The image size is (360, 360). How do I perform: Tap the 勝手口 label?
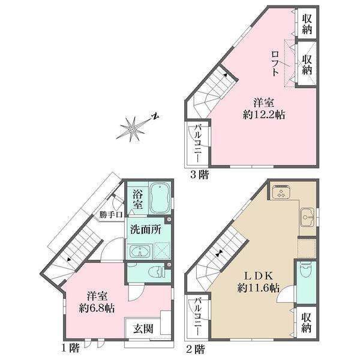[x=112, y=214]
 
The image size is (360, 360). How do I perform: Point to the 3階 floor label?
[x=199, y=175]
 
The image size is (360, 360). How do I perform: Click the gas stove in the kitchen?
[x=281, y=193]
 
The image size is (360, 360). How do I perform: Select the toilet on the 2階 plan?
[x=305, y=271]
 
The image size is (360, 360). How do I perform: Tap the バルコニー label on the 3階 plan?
[x=198, y=145]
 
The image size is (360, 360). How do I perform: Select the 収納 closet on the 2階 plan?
[x=307, y=321]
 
